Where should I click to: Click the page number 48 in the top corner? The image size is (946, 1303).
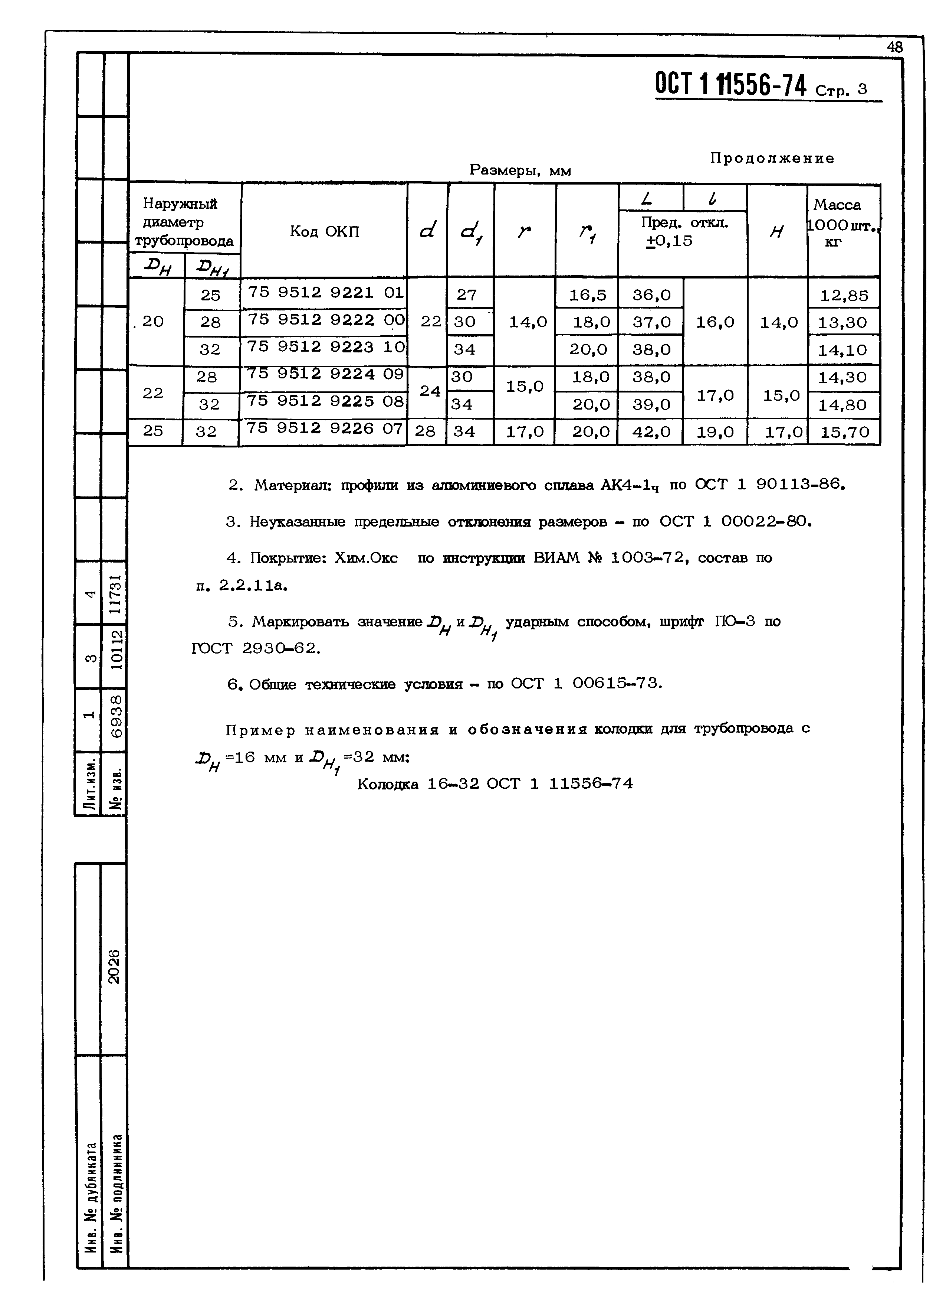(x=894, y=47)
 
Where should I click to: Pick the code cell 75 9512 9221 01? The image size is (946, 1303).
(x=325, y=293)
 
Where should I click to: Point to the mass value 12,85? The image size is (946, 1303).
(x=844, y=295)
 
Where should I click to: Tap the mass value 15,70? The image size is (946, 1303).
(x=844, y=432)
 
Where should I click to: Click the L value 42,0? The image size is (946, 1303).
(x=651, y=432)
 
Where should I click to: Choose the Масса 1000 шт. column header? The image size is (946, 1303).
(x=842, y=223)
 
